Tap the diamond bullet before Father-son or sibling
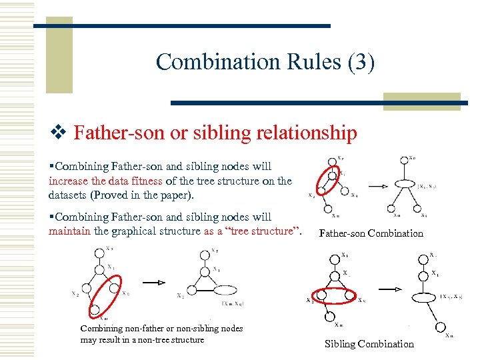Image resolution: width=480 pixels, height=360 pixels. pos(59,133)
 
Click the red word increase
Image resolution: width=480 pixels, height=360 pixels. pos(70,181)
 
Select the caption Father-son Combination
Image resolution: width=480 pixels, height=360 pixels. pos(371,233)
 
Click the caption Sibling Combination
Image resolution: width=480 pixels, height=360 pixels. pos(369,344)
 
